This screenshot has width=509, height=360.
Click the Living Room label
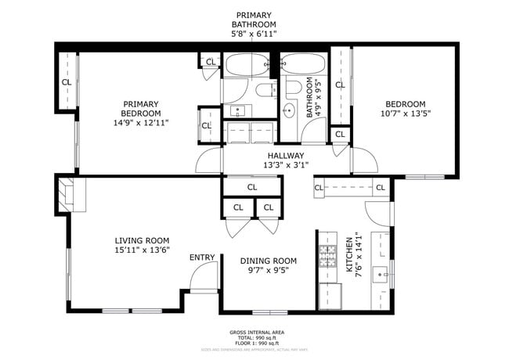[142, 240]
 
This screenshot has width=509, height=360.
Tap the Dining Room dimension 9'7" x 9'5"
[268, 272]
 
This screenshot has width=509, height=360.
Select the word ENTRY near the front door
[202, 257]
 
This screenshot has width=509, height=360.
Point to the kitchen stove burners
[327, 256]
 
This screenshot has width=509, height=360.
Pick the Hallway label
[286, 155]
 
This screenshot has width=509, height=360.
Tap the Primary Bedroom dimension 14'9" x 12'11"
[140, 123]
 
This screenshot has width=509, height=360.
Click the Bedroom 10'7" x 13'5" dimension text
[404, 113]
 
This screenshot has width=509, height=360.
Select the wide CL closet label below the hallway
[252, 187]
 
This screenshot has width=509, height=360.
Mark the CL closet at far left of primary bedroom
[67, 81]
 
